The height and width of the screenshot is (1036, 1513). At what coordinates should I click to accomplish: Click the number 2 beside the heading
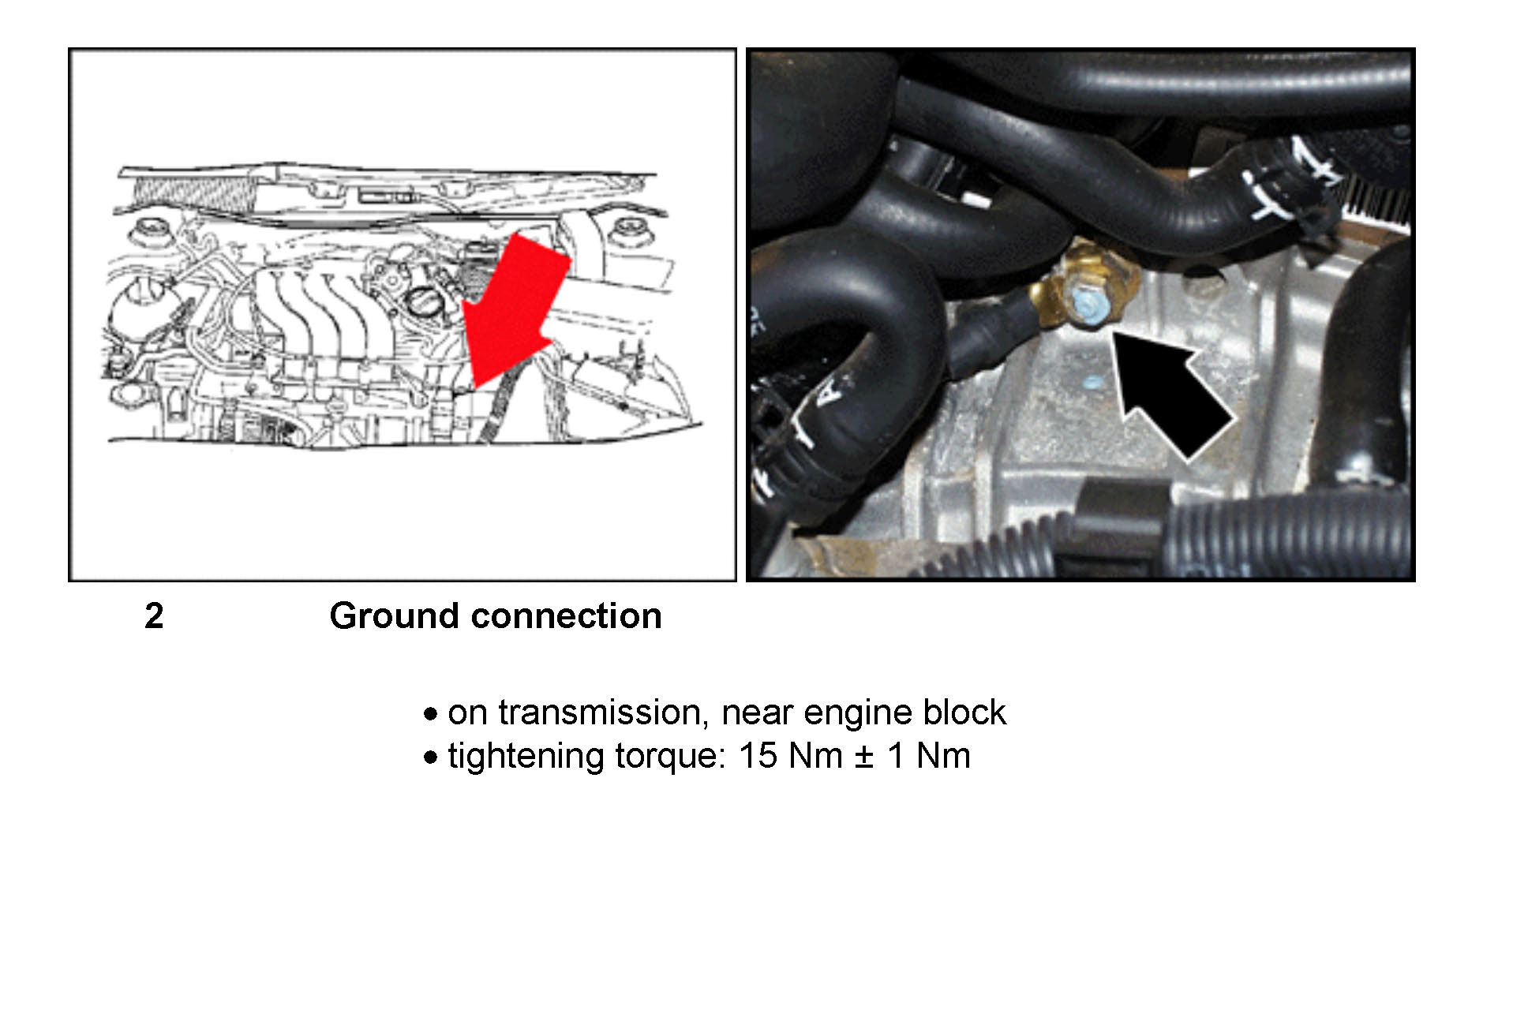pyautogui.click(x=154, y=616)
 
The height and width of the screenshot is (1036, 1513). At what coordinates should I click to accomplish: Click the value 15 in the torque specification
pyautogui.click(x=758, y=756)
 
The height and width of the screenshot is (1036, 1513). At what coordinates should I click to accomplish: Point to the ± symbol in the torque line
pyautogui.click(x=864, y=757)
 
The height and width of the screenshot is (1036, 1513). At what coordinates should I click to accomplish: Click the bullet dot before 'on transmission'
pyautogui.click(x=430, y=715)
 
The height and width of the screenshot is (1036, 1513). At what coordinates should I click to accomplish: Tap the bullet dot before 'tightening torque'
pyautogui.click(x=430, y=758)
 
